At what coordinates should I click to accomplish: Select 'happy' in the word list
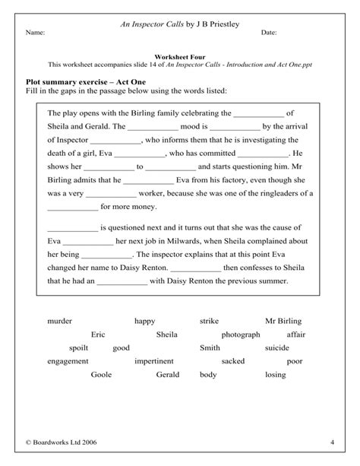144,321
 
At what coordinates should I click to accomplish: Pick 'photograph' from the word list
240,334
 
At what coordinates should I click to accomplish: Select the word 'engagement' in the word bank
67,361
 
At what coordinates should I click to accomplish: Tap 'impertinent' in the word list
153,361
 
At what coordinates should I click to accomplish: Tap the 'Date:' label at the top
269,33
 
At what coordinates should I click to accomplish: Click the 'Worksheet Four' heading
179,56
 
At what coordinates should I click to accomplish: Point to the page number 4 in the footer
332,442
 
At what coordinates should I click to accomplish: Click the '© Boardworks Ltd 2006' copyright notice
61,442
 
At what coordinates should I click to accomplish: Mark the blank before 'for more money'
72,206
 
